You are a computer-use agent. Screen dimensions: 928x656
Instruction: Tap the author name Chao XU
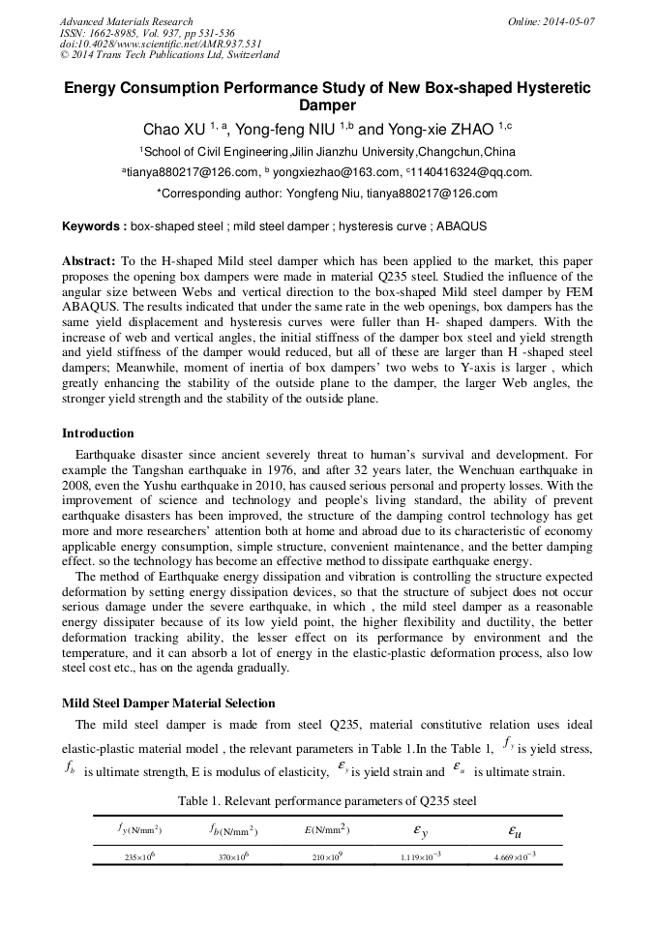174,129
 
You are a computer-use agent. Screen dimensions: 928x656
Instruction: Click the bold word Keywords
94,226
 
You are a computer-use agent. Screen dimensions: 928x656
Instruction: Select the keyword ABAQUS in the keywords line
462,226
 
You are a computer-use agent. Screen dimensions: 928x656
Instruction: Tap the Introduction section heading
98,433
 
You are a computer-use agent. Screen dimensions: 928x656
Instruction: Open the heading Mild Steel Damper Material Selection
168,703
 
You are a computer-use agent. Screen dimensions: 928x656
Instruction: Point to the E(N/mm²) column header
326,829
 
